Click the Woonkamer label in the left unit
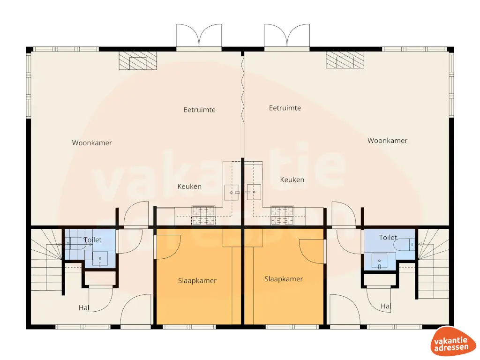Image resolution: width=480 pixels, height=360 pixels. tap(92, 143)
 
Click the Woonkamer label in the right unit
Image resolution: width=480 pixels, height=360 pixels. tap(387, 141)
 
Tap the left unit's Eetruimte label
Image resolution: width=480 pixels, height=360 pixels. tap(199, 110)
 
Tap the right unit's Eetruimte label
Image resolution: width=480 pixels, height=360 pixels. tap(285, 108)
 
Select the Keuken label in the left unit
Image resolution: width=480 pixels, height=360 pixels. tap(189, 187)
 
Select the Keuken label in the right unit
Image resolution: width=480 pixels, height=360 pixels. tap(292, 180)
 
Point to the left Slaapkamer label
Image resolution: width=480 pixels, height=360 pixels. tap(197, 281)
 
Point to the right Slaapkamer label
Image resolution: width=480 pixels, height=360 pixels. tap(284, 279)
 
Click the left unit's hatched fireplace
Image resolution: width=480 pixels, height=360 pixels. tap(138, 60)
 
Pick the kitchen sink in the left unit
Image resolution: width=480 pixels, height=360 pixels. tap(232, 192)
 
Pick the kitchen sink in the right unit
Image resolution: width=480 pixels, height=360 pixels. tap(254, 192)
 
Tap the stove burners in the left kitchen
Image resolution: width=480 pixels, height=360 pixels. tap(203, 215)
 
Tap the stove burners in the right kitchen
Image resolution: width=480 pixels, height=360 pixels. tap(282, 215)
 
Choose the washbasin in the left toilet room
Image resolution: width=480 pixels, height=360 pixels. tap(100, 259)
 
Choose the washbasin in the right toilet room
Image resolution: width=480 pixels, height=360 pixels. tap(380, 261)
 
